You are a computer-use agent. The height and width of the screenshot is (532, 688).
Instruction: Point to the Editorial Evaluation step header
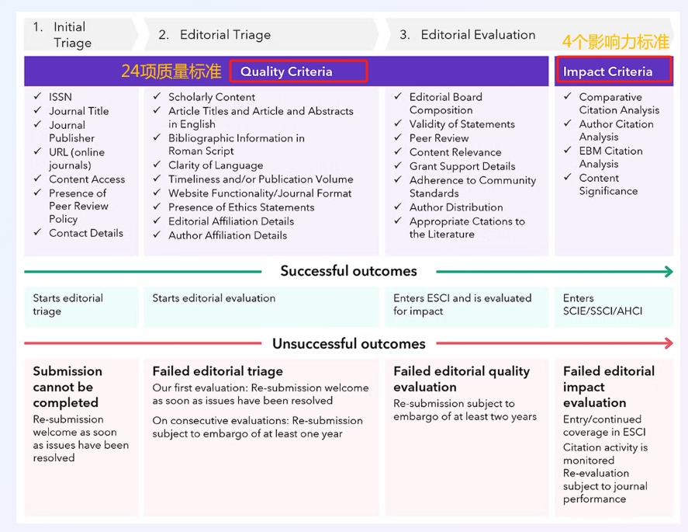(478, 35)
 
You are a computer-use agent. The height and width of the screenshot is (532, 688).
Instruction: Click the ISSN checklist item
(60, 97)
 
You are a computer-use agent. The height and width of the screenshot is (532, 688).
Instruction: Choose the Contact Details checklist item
(85, 233)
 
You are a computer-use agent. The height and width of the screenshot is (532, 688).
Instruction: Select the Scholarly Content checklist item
(212, 97)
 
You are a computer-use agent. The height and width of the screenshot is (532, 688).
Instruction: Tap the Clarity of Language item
(216, 165)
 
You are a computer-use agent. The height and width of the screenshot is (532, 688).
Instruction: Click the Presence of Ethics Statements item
(241, 207)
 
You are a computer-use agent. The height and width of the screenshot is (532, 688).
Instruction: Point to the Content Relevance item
(455, 152)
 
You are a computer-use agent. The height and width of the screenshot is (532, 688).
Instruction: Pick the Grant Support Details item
(462, 166)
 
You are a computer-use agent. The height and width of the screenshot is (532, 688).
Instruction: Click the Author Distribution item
(456, 207)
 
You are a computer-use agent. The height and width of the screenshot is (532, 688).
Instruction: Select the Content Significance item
(608, 184)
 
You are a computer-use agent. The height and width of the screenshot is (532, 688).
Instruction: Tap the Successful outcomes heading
(348, 271)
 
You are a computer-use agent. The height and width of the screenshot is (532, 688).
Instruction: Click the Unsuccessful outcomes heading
(348, 343)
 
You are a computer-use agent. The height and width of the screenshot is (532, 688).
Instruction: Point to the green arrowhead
(667, 272)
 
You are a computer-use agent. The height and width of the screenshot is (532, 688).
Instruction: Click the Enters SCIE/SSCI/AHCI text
(603, 304)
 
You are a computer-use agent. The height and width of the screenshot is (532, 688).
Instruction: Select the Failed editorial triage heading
(217, 371)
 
